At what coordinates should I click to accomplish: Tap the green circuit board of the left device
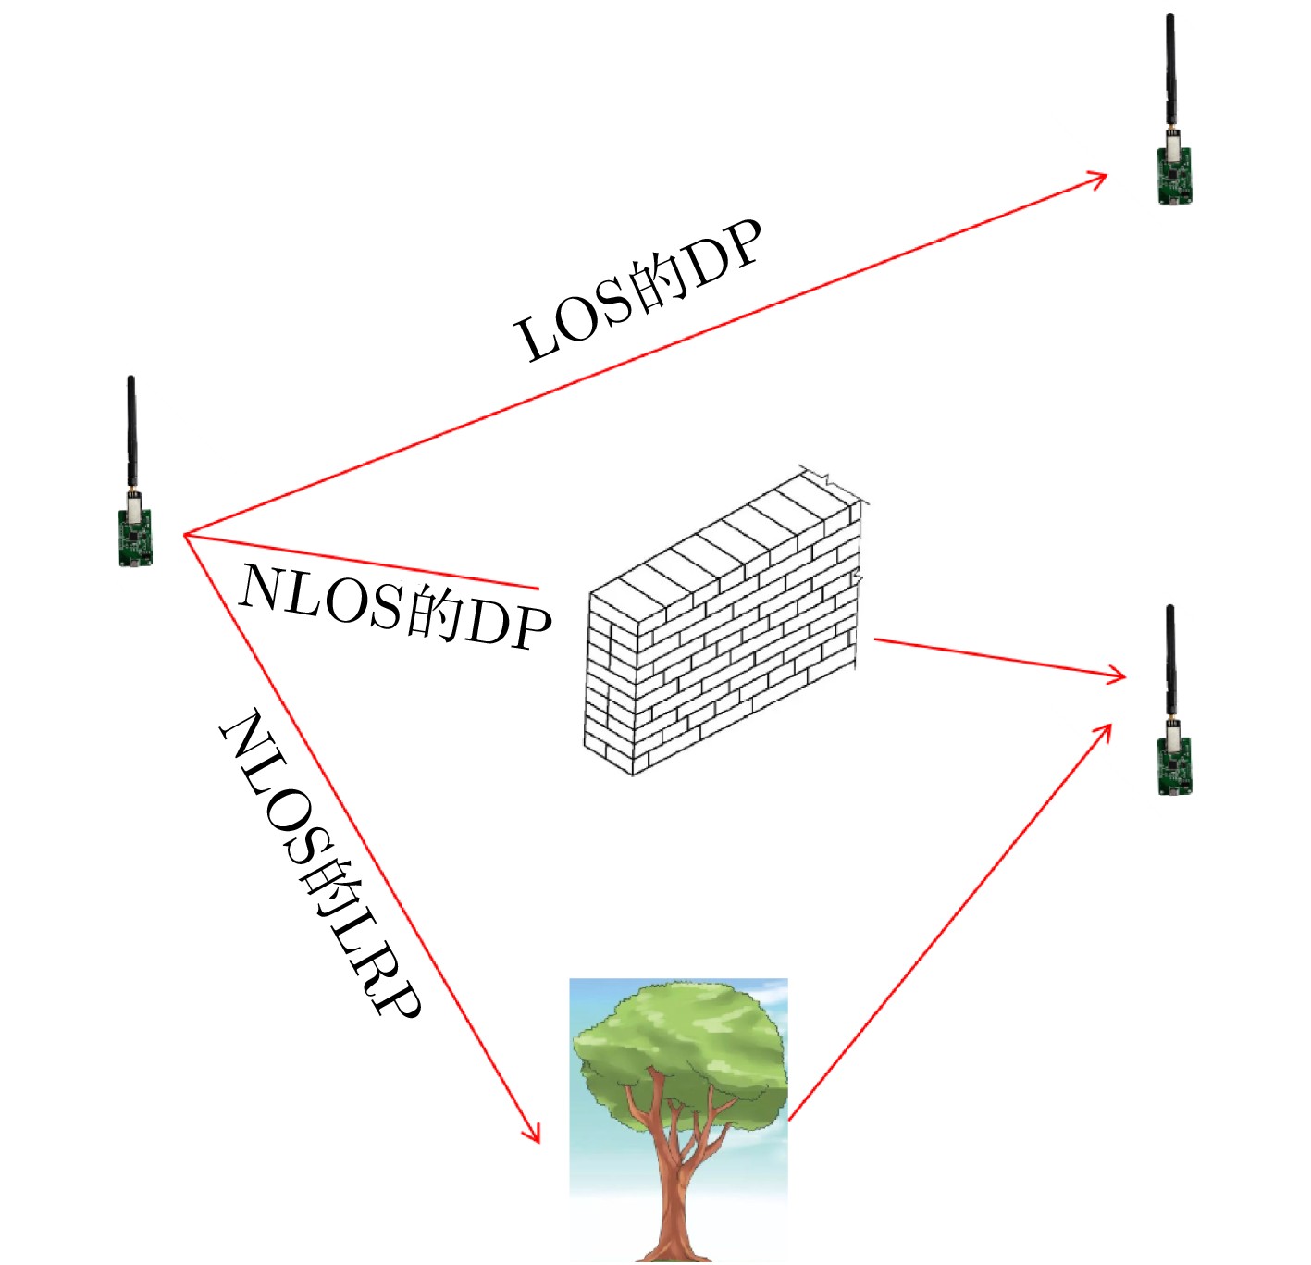(135, 537)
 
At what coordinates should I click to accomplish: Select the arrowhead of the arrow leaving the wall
(1118, 676)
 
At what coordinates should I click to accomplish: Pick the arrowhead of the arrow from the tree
(1105, 731)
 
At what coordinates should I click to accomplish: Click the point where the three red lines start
(185, 535)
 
